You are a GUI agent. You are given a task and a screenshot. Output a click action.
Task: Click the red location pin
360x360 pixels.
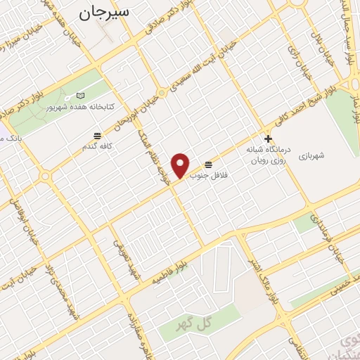[181, 165]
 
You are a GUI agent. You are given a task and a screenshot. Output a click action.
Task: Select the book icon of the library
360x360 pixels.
[80, 96]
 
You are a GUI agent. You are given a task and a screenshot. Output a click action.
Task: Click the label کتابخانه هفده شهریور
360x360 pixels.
[79, 107]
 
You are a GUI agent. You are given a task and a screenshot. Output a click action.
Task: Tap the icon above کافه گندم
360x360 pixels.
[96, 134]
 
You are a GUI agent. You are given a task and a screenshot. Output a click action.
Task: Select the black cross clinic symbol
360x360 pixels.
[267, 139]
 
